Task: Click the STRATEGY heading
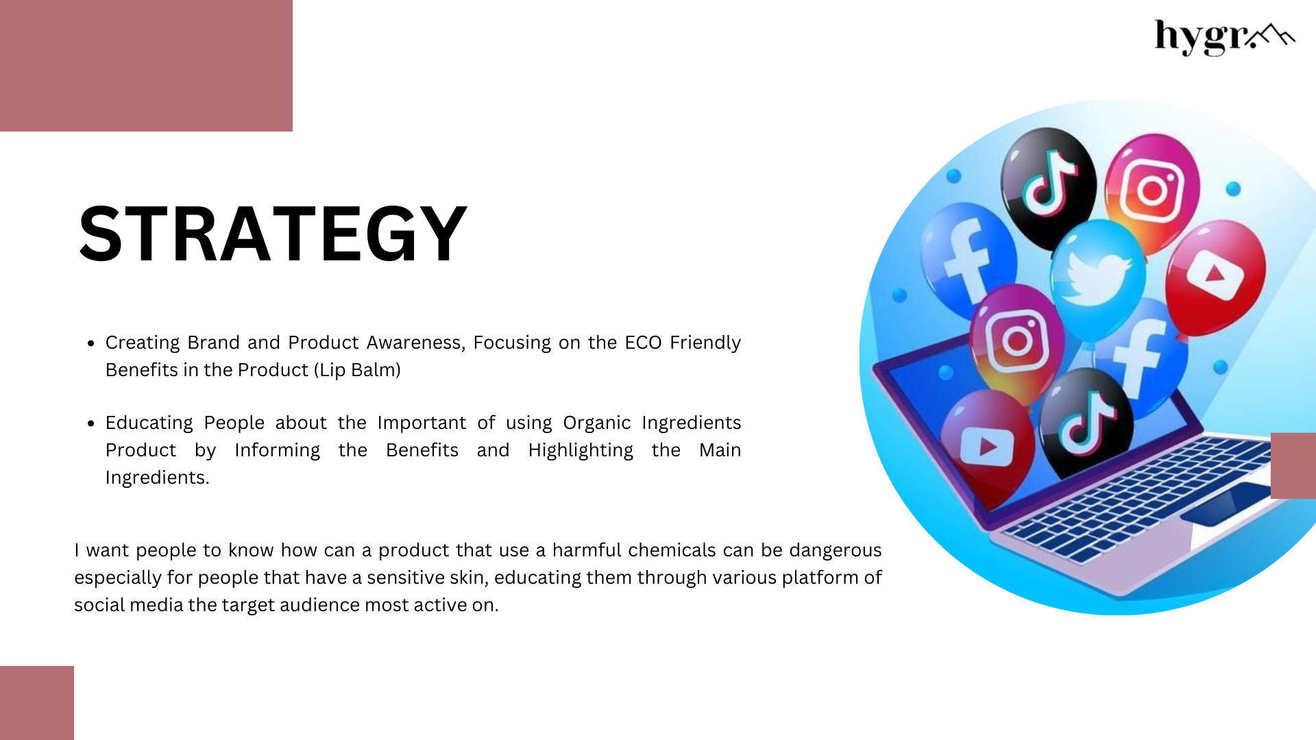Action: [273, 234]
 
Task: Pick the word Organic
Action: [597, 423]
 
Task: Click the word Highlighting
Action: [581, 451]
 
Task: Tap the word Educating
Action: [149, 423]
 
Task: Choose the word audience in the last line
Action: [319, 605]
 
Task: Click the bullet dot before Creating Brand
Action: [91, 343]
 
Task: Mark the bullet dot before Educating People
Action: [91, 423]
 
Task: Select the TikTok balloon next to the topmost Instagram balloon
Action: [1047, 186]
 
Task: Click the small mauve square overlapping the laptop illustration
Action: [1293, 465]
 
